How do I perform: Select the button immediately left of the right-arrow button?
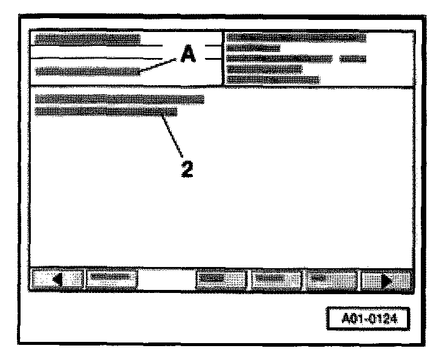[332, 279]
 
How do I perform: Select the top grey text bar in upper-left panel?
[88, 39]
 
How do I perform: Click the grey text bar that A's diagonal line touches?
[88, 71]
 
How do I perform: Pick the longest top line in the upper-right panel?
[296, 38]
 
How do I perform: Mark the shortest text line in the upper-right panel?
[253, 48]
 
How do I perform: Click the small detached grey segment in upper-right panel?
[354, 59]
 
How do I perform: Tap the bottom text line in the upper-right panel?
[273, 79]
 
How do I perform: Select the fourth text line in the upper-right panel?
[264, 69]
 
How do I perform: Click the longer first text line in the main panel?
[120, 98]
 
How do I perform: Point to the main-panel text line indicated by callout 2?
[106, 112]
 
